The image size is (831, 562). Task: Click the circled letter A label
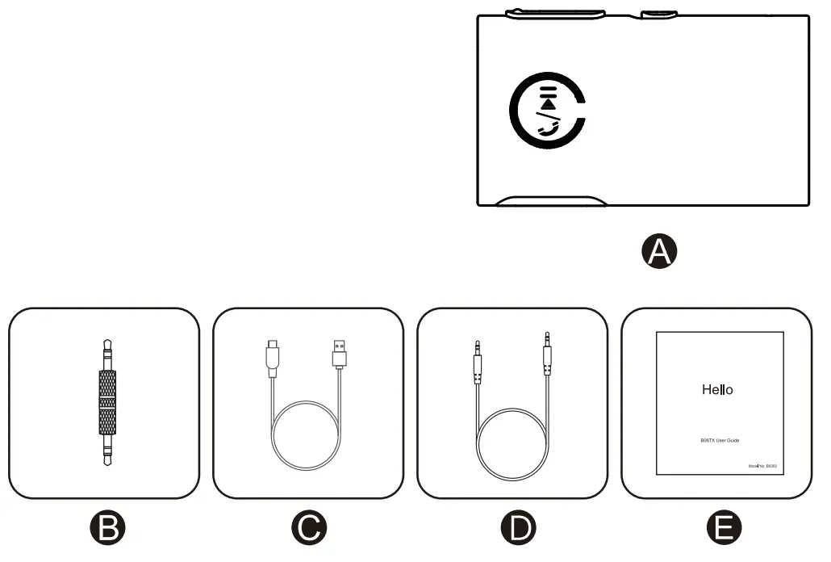pos(659,252)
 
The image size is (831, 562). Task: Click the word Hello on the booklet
pos(717,390)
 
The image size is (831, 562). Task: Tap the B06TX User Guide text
pos(720,440)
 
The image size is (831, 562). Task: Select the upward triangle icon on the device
pos(549,103)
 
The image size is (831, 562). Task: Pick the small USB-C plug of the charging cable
pos(271,356)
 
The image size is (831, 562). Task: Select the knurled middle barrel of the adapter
pos(107,400)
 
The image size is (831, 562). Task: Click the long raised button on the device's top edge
pos(555,13)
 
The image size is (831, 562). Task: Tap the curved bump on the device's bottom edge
pos(551,200)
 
